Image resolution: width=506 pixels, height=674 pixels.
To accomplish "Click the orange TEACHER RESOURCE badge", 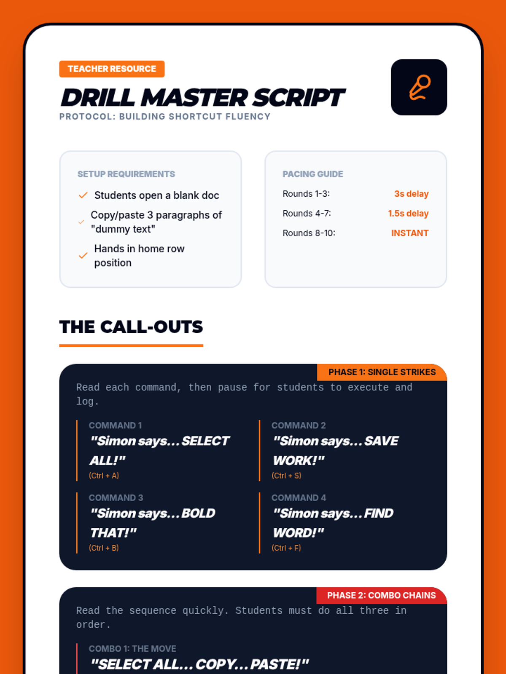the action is coord(112,69).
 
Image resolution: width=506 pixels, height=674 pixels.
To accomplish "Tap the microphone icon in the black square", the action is coord(420,88).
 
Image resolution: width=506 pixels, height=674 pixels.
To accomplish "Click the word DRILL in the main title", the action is coord(98,98).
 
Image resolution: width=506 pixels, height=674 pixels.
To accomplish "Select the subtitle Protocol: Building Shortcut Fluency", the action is coord(165,117).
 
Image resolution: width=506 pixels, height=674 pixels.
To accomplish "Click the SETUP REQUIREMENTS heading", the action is coord(126,174).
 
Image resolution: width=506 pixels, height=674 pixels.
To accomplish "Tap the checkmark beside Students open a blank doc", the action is coord(83,195).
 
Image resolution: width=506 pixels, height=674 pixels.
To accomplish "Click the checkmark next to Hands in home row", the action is coord(83,255).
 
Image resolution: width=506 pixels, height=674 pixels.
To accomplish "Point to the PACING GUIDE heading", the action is coord(313,174).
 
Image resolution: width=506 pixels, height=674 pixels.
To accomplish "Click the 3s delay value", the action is coord(412,194).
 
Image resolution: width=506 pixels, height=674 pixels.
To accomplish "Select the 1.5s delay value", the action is coord(408,214).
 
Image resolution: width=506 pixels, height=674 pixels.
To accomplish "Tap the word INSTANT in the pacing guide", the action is coord(410,233).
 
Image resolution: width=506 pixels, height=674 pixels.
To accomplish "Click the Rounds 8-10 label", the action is coord(309,233).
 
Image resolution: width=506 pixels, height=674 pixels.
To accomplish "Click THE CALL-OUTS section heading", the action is coord(131,327).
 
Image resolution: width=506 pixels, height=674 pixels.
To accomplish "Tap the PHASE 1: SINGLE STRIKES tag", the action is coord(382,372).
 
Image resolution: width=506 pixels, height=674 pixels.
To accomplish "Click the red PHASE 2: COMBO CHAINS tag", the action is coord(382,595).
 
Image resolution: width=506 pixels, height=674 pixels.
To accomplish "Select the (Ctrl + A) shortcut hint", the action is coord(104,476).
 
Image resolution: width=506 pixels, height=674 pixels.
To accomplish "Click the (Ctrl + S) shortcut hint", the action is coord(286,476).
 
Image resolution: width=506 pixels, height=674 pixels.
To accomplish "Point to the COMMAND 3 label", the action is coord(116,498).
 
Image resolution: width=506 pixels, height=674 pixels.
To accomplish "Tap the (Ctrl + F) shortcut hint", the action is coord(286,548).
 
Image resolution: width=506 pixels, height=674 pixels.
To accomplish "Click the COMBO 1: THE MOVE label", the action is coord(132,648).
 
